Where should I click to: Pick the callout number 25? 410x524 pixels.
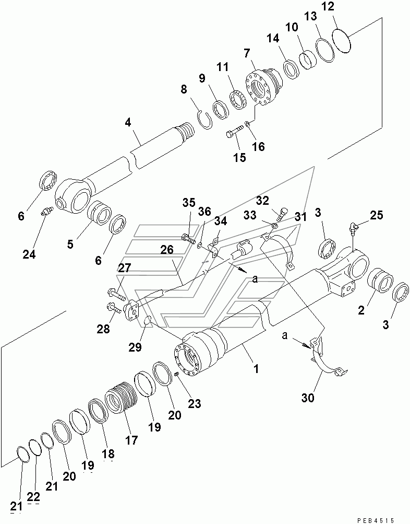[x=376, y=214]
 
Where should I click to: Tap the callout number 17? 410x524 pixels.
[x=132, y=440]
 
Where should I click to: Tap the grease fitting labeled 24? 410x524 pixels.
[x=45, y=213]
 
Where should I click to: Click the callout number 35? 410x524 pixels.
[x=189, y=203]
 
